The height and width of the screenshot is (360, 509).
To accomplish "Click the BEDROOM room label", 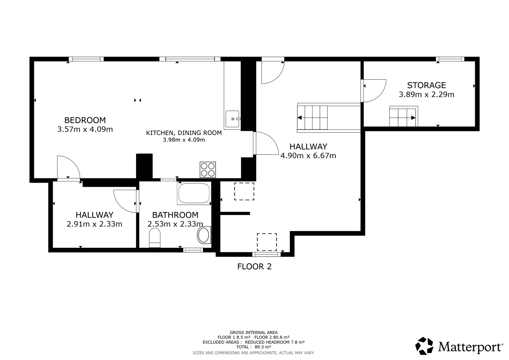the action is coord(85,120).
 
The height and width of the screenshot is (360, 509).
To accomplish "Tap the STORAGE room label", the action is coord(426,85).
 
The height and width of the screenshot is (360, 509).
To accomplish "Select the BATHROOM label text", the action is coord(175,215).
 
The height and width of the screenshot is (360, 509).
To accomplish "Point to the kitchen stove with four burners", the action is coord(208,170).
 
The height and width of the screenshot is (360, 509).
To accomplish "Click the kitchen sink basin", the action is coord(232,119).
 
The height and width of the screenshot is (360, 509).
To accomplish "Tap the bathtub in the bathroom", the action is coord(194,193).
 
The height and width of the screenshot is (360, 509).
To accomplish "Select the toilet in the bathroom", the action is coord(155,238).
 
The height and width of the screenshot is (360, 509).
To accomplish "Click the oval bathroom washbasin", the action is coord(204,235).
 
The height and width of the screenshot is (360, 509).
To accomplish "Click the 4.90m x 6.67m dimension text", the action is coord(308,156).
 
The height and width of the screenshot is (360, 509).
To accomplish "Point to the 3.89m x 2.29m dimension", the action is coord(427,94).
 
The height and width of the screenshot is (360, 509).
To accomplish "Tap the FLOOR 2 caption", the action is coord(254,266).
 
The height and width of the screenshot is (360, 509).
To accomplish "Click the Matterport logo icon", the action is coord(424,346).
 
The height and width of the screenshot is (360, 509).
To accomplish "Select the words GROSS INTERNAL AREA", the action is coord(254,333).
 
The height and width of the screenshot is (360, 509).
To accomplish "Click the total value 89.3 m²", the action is coord(263,347).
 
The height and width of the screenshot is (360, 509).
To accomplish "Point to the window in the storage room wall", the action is coord(450,59).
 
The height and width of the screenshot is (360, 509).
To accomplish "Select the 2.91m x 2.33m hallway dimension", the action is coord(94,224).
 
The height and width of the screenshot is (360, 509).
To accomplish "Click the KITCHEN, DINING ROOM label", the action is coord(184,133).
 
